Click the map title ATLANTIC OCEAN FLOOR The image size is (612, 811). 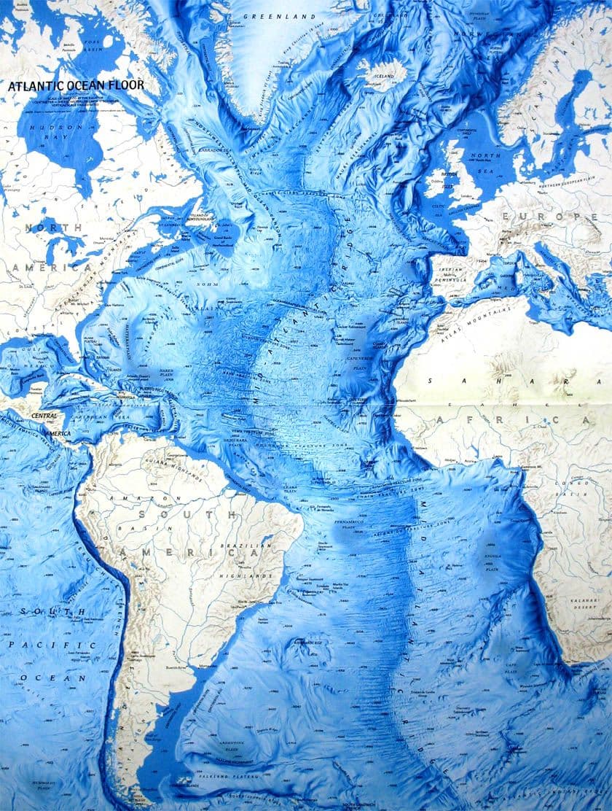point(76,85)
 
